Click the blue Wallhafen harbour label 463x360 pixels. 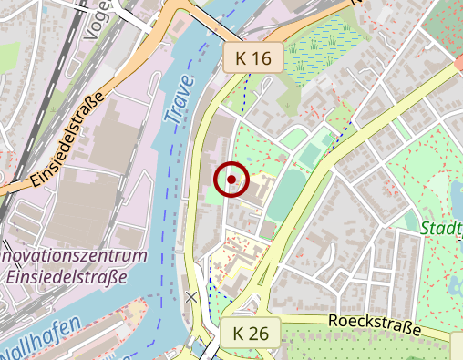point(41,343)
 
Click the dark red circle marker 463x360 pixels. point(231,179)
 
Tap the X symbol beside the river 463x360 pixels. point(190,296)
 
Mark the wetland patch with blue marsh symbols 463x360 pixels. point(319,46)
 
